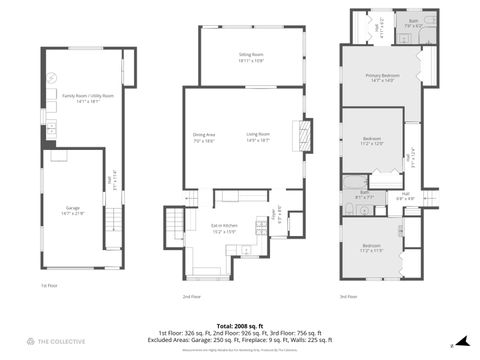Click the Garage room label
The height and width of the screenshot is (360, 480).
click(x=74, y=210)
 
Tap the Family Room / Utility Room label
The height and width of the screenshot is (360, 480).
click(x=88, y=98)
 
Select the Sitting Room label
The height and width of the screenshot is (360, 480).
click(x=250, y=57)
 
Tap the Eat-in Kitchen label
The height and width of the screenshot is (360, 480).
click(x=223, y=228)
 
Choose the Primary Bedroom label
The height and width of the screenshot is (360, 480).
click(x=376, y=77)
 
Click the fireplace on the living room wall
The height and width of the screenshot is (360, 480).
click(x=307, y=133)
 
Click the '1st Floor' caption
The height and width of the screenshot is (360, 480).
click(x=50, y=285)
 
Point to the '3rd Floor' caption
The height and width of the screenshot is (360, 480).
click(x=348, y=297)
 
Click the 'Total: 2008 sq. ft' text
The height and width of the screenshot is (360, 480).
click(x=239, y=325)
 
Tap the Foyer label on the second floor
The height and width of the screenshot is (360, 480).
click(x=279, y=214)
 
